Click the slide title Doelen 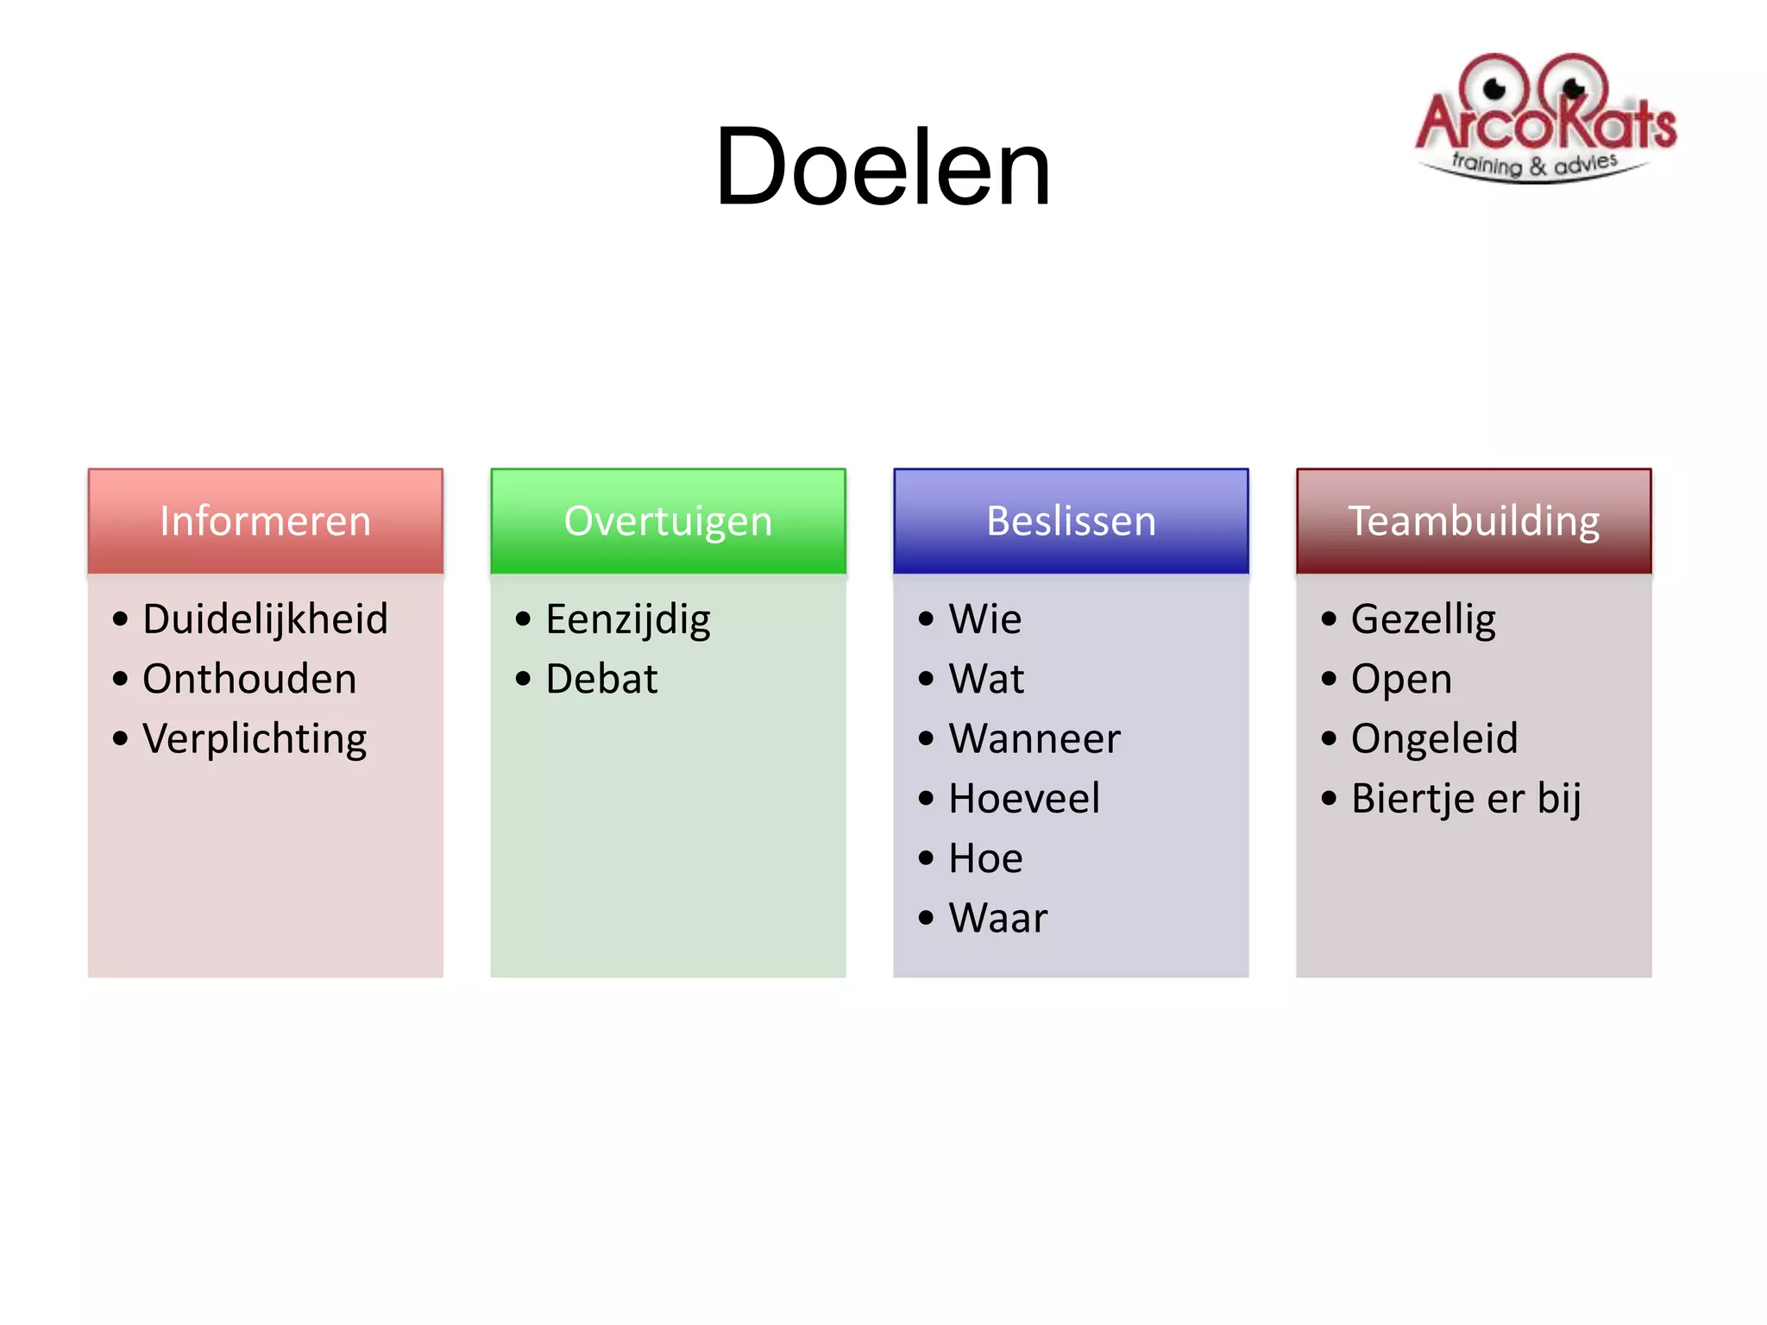tap(883, 167)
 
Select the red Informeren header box tap(265, 521)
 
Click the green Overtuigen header tap(668, 521)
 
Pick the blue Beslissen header tap(1071, 521)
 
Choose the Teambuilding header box tap(1474, 521)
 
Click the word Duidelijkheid tap(265, 619)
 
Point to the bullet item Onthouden tap(249, 679)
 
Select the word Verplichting tap(255, 739)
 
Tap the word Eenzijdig tap(628, 619)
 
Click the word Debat tap(601, 679)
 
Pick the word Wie tap(984, 619)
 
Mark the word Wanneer tap(1034, 739)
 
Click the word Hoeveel tap(1024, 799)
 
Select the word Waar tap(998, 918)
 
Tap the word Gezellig tap(1424, 619)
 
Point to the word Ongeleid tap(1434, 739)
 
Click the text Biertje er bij tap(1466, 799)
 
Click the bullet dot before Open tap(1329, 679)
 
